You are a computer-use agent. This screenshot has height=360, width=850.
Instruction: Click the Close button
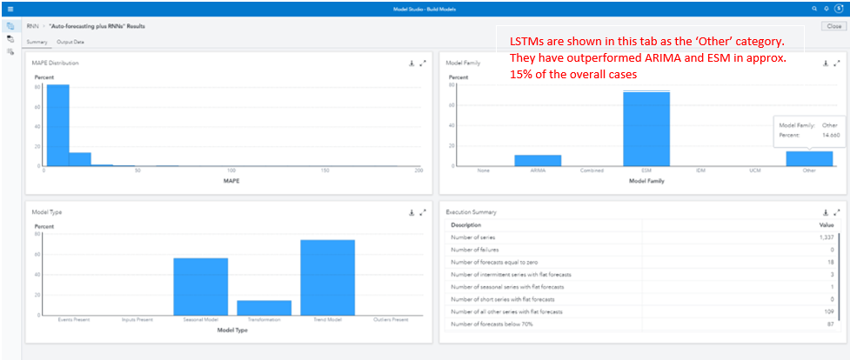point(833,26)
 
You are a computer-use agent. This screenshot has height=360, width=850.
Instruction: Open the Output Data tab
point(70,42)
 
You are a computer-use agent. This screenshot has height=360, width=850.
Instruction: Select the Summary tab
point(37,42)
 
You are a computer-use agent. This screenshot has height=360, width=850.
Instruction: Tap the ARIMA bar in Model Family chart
point(538,160)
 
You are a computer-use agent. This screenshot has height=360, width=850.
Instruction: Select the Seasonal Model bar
point(200,286)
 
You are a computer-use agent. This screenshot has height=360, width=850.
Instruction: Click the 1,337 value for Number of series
point(826,237)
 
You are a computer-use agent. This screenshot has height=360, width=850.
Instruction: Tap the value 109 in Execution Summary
point(829,311)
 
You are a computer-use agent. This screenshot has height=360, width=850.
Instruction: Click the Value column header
point(826,224)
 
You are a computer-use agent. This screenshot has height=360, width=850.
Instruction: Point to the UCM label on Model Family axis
point(754,170)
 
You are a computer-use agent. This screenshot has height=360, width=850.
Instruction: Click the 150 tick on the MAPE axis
point(325,170)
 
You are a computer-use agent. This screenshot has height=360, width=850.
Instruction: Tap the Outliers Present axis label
point(391,319)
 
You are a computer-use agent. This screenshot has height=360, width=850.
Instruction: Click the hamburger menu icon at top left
point(10,8)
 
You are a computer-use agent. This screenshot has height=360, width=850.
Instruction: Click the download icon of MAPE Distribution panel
point(411,63)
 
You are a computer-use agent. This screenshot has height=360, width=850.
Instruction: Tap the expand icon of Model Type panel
point(423,212)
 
